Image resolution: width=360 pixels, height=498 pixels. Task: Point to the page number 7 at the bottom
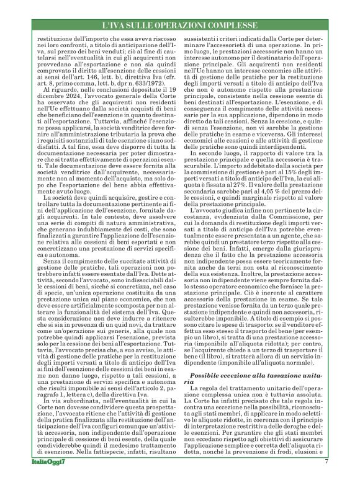(x=325, y=479)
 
